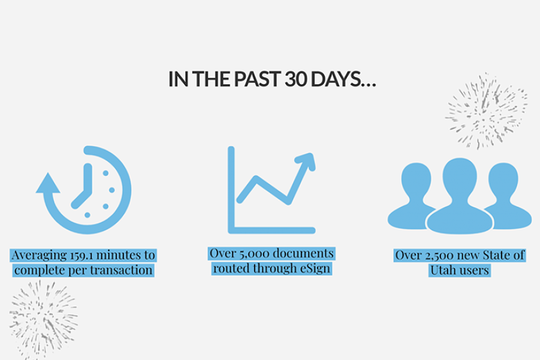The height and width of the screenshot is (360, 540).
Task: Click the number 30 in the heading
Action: pyautogui.click(x=296, y=79)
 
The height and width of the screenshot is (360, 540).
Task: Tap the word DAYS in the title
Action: pyautogui.click(x=336, y=79)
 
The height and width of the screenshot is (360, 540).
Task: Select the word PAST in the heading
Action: pyautogui.click(x=258, y=79)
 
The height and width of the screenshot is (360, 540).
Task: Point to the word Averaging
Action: pyautogui.click(x=39, y=256)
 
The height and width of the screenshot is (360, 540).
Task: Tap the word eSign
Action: pyautogui.click(x=315, y=269)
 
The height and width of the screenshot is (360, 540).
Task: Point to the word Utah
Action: pyautogui.click(x=442, y=270)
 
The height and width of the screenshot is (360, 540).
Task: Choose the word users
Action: pyautogui.click(x=474, y=271)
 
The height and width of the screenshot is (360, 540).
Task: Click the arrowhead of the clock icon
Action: pyautogui.click(x=48, y=183)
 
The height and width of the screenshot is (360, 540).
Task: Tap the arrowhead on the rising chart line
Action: pyautogui.click(x=306, y=161)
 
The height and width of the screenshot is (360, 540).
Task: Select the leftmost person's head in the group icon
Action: pyautogui.click(x=417, y=180)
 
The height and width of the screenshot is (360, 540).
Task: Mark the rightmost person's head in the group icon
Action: pyautogui.click(x=503, y=180)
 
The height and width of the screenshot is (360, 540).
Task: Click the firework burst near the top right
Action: pyautogui.click(x=486, y=111)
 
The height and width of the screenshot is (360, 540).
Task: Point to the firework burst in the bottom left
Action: pyautogui.click(x=44, y=319)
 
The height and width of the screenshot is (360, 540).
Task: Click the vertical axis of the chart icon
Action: pyautogui.click(x=231, y=190)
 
